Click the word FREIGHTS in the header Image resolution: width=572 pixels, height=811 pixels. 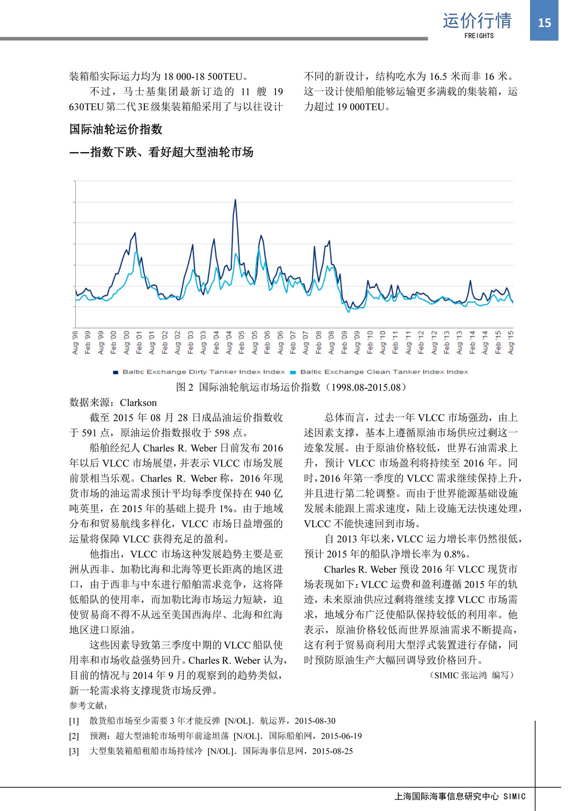click(479, 36)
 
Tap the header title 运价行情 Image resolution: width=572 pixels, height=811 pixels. click(477, 21)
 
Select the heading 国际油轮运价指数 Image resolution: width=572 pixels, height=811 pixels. click(116, 129)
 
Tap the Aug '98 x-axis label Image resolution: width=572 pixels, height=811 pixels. click(75, 342)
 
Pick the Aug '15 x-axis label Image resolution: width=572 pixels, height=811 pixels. click(511, 342)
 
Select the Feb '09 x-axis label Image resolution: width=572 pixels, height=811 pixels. click(344, 342)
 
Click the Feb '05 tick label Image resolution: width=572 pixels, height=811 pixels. click(242, 342)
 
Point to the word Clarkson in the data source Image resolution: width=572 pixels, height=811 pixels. click(138, 403)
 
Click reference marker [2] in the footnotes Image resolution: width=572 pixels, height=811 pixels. click(74, 736)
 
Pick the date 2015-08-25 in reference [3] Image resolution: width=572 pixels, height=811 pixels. click(333, 751)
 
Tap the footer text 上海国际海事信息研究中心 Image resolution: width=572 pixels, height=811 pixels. click(447, 796)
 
